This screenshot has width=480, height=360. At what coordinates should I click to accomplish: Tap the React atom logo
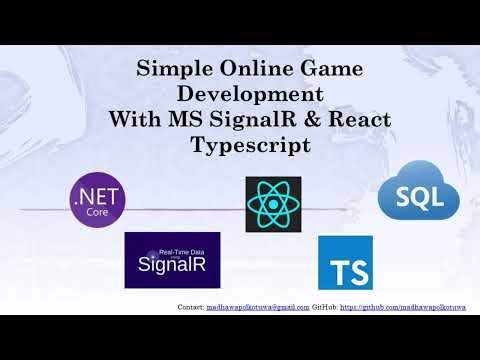point(273,205)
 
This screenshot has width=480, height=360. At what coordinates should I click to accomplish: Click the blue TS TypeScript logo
point(345,263)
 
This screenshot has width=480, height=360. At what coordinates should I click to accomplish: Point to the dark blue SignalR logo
point(172,260)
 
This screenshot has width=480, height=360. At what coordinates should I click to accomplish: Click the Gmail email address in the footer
point(257,306)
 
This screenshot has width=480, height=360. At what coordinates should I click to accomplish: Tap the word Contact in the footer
point(189,306)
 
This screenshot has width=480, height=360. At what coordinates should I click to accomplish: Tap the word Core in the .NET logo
point(98,211)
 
